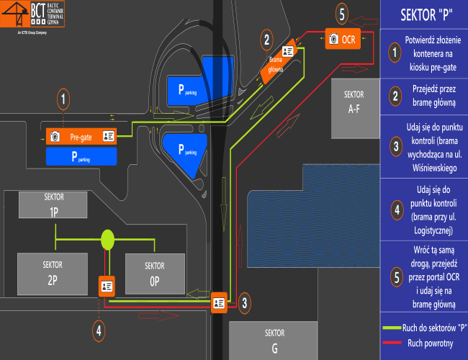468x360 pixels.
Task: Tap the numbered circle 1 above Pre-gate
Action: pyautogui.click(x=64, y=99)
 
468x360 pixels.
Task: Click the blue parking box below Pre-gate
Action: pyautogui.click(x=81, y=157)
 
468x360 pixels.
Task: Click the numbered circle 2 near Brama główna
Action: pyautogui.click(x=267, y=40)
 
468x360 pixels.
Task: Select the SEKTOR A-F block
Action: pyautogui.click(x=354, y=109)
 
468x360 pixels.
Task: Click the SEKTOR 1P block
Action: pyautogui.click(x=53, y=204)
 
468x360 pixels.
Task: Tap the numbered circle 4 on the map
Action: pyautogui.click(x=99, y=330)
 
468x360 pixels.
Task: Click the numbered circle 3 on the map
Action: pyautogui.click(x=245, y=303)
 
